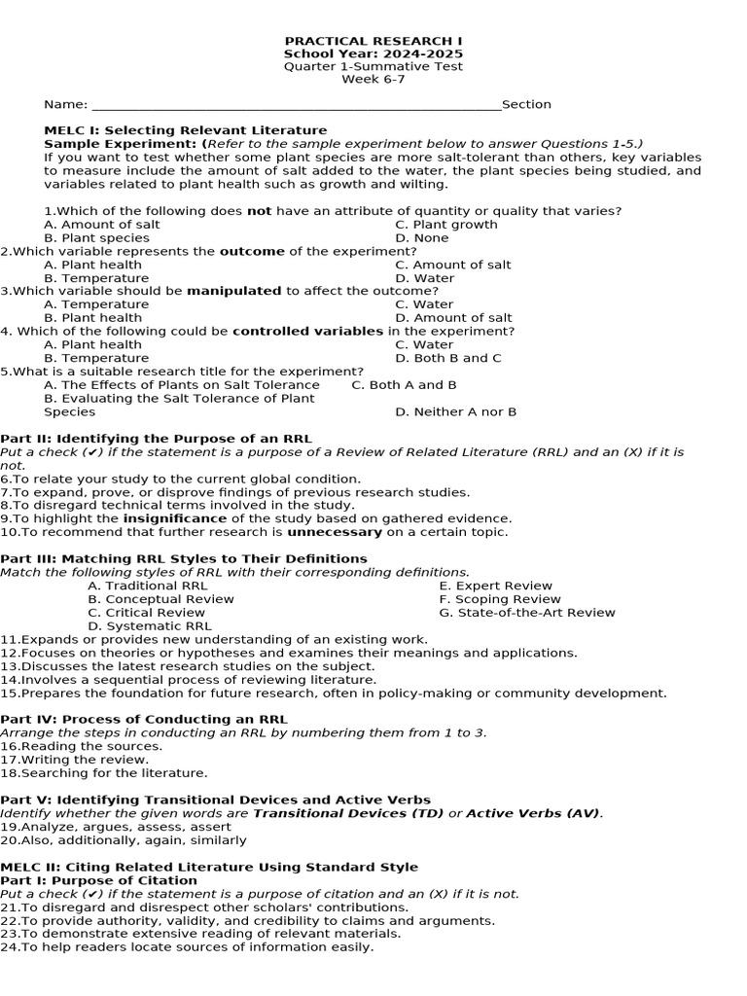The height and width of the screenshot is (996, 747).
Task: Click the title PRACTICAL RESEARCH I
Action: coord(373,40)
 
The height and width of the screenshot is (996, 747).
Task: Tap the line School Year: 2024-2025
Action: coord(373,53)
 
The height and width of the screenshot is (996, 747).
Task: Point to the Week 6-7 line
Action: coord(373,80)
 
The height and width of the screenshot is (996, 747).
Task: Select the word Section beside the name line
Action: coord(526,104)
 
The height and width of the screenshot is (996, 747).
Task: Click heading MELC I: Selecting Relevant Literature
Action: coord(186,130)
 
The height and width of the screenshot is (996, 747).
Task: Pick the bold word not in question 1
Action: coord(259,211)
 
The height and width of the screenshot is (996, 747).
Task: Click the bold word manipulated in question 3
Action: coord(233,291)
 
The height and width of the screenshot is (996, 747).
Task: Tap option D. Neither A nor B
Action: coord(456,411)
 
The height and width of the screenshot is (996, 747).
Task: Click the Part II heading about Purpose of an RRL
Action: coord(156,439)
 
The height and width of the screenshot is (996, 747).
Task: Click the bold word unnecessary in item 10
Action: coord(334,532)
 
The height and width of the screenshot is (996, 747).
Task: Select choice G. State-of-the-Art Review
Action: coord(527,613)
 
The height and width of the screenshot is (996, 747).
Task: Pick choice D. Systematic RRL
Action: coord(150,626)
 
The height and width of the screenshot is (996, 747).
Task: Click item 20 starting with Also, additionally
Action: coord(124,840)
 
